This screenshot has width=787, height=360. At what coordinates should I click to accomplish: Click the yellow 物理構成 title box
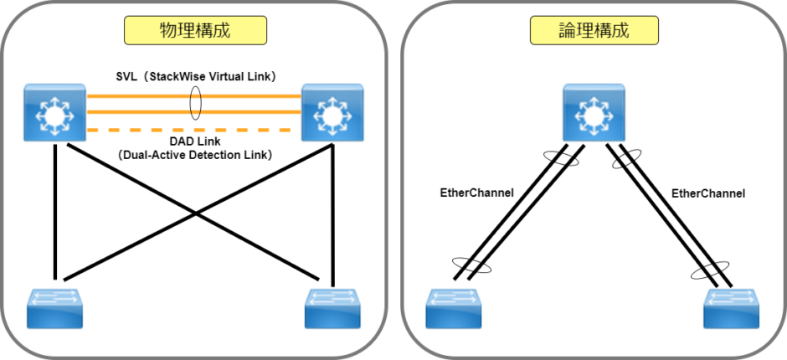[x=195, y=31]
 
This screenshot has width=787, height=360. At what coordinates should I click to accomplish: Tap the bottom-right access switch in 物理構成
[x=332, y=307]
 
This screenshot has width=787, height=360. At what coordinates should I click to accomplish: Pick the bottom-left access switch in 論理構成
[x=455, y=307]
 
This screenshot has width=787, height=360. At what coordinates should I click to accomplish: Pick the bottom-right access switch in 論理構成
[x=732, y=307]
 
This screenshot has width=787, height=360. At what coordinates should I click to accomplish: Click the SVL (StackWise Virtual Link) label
[x=196, y=76]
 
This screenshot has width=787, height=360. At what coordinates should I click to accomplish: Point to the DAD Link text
[x=194, y=142]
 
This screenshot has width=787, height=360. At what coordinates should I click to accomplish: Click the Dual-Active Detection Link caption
[x=195, y=155]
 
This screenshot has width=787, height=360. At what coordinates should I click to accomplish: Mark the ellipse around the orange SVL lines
[x=196, y=107]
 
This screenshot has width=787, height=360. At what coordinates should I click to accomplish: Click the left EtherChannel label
[x=476, y=193]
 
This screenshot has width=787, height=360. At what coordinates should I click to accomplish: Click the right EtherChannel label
[x=708, y=193]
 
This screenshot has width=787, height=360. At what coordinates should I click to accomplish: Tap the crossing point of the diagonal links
[x=195, y=213]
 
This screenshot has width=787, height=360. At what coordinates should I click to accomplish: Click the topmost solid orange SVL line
[x=151, y=96]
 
